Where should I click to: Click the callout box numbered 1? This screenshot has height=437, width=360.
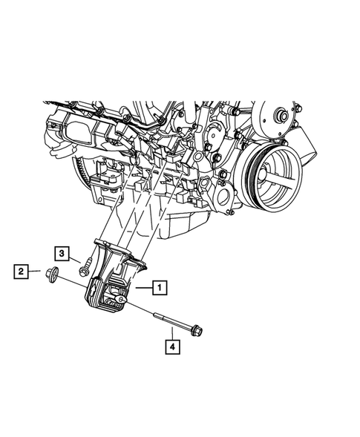coord(159,285)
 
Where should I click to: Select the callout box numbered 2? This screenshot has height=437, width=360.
coord(22,272)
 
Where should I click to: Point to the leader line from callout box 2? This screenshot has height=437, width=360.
coord(37,272)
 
